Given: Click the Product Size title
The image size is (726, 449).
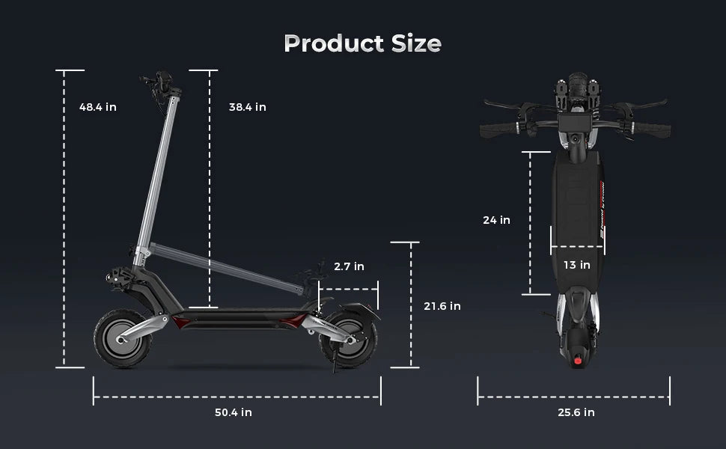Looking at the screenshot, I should pyautogui.click(x=362, y=43).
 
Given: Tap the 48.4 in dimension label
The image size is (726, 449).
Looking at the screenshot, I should pyautogui.click(x=98, y=107).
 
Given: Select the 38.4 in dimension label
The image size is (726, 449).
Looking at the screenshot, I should pyautogui.click(x=248, y=107).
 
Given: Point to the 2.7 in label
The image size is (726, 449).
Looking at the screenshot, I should pyautogui.click(x=349, y=266).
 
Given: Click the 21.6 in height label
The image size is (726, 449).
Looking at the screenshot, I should pyautogui.click(x=442, y=306).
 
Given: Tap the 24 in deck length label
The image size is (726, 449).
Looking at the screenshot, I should pyautogui.click(x=496, y=220).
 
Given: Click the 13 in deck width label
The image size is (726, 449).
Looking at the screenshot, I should pyautogui.click(x=576, y=265).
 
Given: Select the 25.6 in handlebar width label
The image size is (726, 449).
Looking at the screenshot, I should pyautogui.click(x=576, y=412).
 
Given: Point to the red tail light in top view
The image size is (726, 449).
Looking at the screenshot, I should pyautogui.click(x=577, y=360).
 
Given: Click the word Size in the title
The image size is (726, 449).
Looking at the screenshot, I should pyautogui.click(x=416, y=43).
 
